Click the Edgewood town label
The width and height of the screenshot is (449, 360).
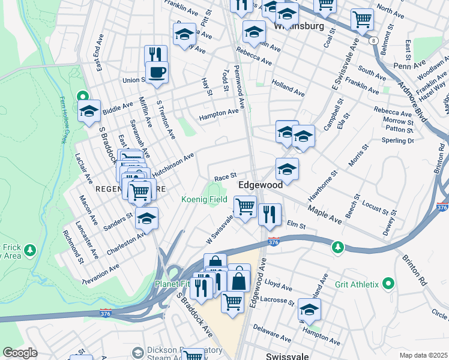pyautogui.click(x=261, y=185)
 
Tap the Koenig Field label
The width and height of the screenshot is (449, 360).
pyautogui.click(x=205, y=200)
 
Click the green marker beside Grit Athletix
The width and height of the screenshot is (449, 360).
pyautogui.click(x=388, y=283)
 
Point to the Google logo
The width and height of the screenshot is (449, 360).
pyautogui.click(x=20, y=352)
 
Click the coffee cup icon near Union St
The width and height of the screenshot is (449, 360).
pyautogui.click(x=157, y=73)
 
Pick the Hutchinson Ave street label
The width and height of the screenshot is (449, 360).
pyautogui.click(x=173, y=164)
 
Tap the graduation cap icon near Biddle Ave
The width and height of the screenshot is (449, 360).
pyautogui.click(x=89, y=112)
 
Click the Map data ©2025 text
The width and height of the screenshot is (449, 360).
pyautogui.click(x=423, y=355)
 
